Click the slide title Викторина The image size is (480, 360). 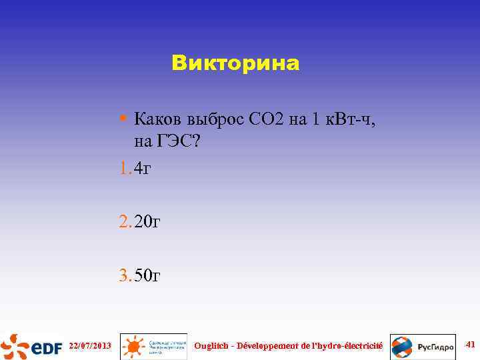235,63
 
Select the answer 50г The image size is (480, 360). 147,275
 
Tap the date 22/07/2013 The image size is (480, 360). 90,346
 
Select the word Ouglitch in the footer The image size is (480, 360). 212,345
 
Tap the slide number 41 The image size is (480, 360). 469,345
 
